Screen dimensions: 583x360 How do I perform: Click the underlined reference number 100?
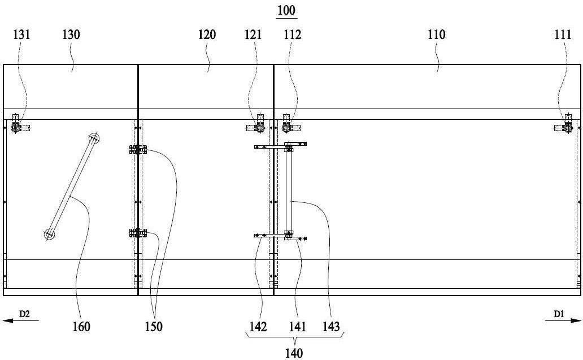point(286,10)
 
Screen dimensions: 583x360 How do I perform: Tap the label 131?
point(21,34)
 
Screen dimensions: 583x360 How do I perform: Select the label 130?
point(71,34)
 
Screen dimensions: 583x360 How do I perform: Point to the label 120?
point(207,34)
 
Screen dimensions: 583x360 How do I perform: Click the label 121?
point(253,34)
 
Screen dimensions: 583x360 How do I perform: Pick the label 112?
point(292,34)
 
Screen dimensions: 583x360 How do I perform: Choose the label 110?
point(436,34)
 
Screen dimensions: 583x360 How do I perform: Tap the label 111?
point(563,34)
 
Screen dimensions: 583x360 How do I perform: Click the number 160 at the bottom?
point(81,327)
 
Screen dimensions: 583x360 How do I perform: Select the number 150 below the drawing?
point(154,327)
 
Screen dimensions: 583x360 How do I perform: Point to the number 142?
point(258,327)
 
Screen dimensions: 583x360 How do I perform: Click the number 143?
point(331,327)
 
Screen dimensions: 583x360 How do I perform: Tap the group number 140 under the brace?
point(294,353)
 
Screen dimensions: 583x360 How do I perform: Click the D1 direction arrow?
point(563,320)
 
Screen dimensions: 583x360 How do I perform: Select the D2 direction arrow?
point(20,320)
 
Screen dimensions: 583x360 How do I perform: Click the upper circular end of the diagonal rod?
point(94,138)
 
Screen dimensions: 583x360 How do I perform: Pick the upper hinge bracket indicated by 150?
point(138,150)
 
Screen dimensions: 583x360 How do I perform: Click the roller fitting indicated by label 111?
point(567,127)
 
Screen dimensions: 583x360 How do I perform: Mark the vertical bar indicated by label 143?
point(289,190)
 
